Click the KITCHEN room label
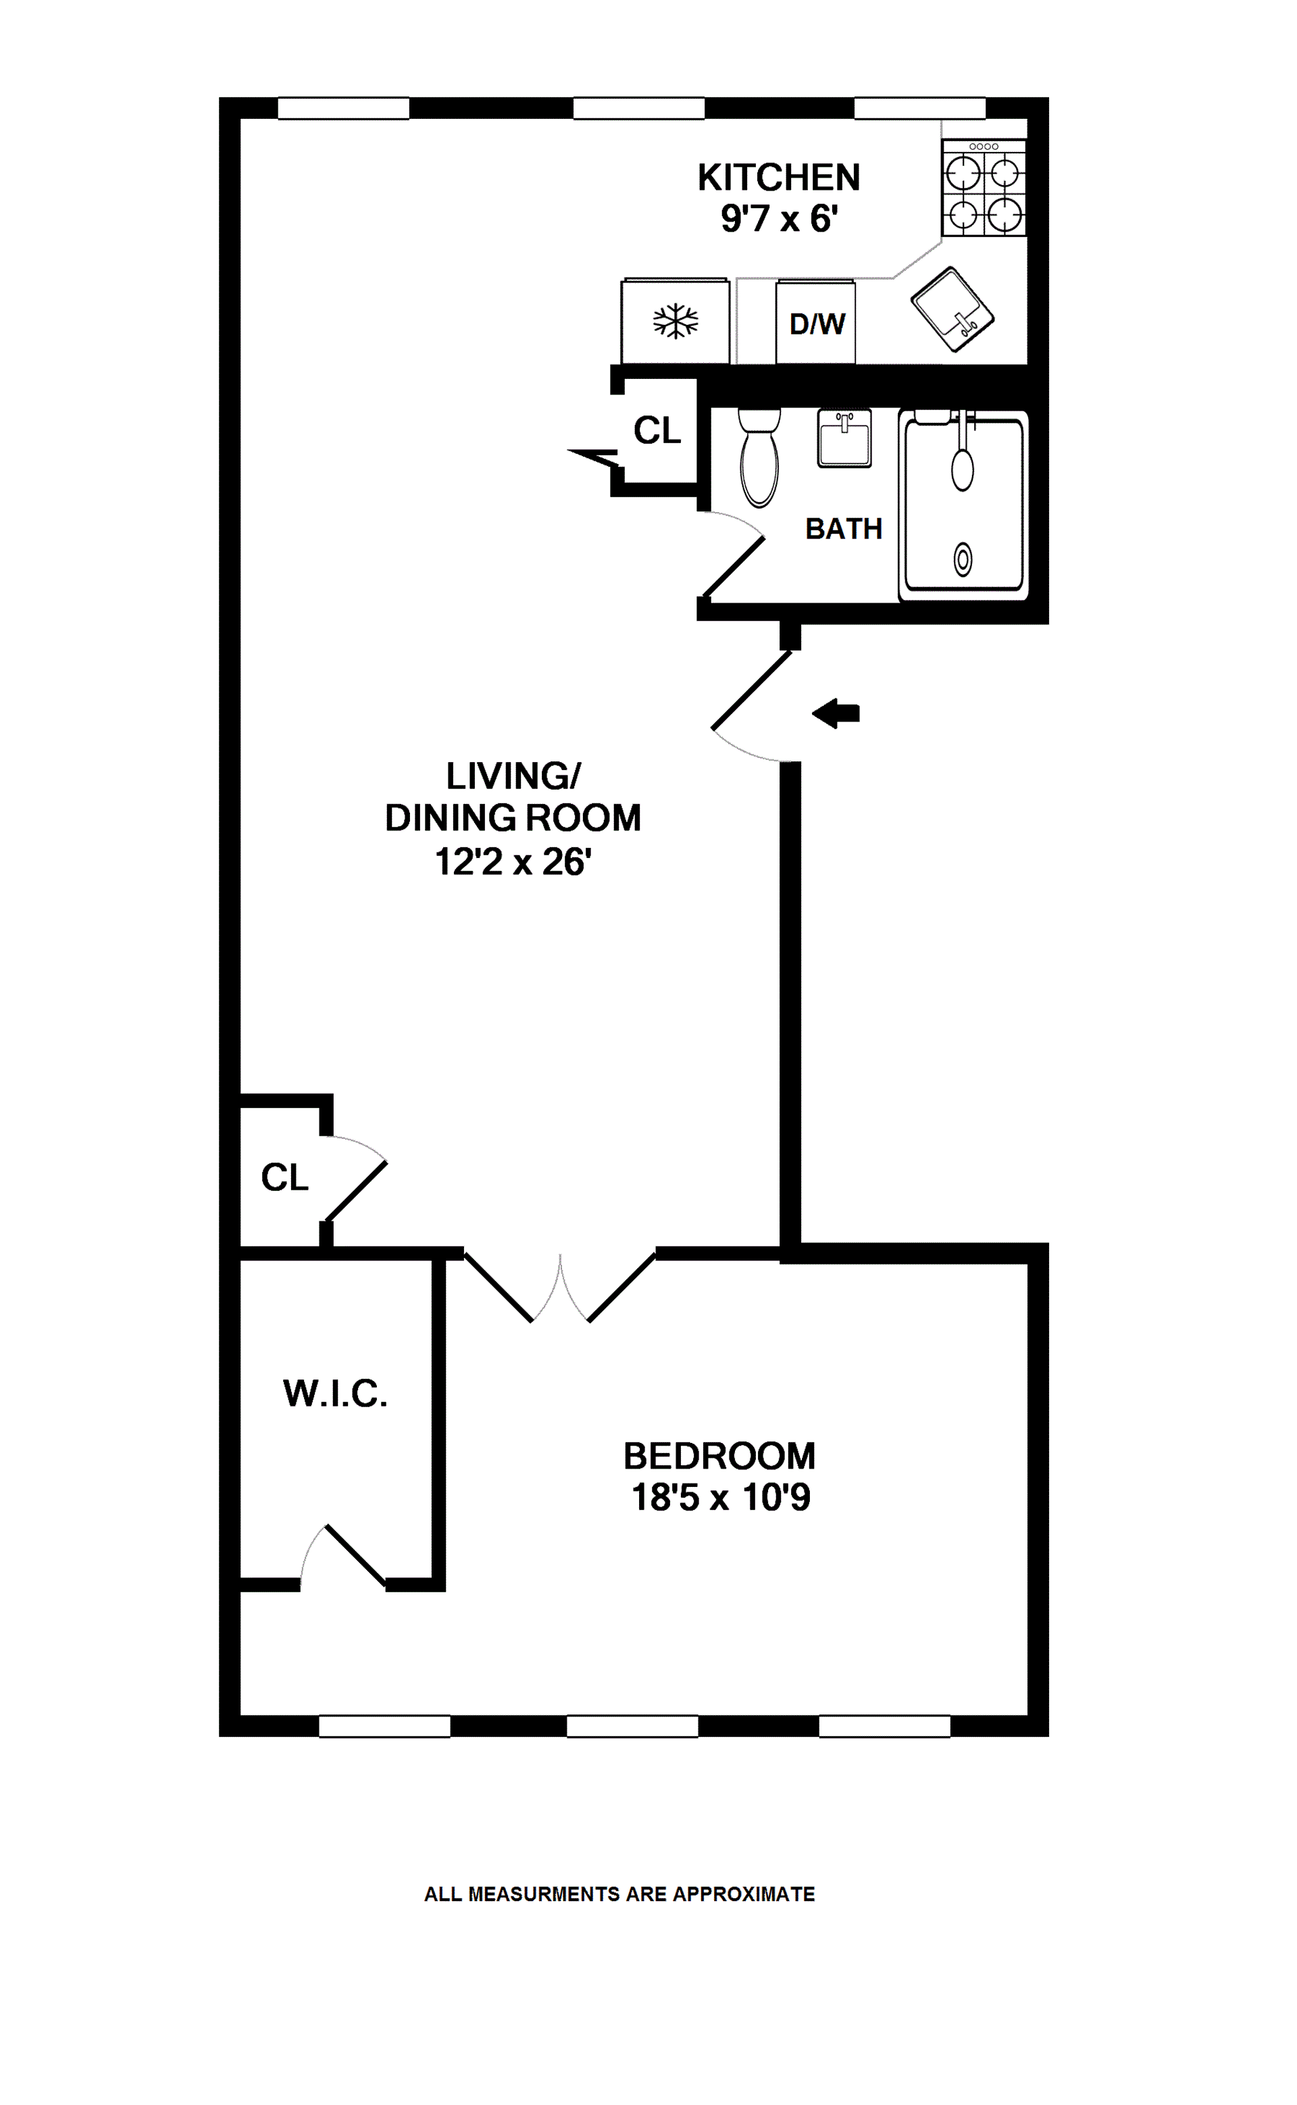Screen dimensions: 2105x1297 coord(778,178)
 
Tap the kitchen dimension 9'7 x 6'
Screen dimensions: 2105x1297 coord(778,219)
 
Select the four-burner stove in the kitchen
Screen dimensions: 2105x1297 coord(983,188)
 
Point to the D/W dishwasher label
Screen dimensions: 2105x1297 coord(817,324)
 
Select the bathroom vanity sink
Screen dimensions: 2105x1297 coord(844,438)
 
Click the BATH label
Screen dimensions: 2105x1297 coord(843,529)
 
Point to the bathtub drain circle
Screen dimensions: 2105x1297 coord(963,560)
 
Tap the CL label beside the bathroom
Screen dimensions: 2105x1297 coord(657,430)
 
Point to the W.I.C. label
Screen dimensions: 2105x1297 coord(336,1394)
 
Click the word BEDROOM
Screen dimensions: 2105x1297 coord(719,1456)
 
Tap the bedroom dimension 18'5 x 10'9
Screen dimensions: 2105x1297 coord(721,1498)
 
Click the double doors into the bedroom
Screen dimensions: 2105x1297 coord(560,1287)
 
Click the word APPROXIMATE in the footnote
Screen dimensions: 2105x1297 coord(744,1894)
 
